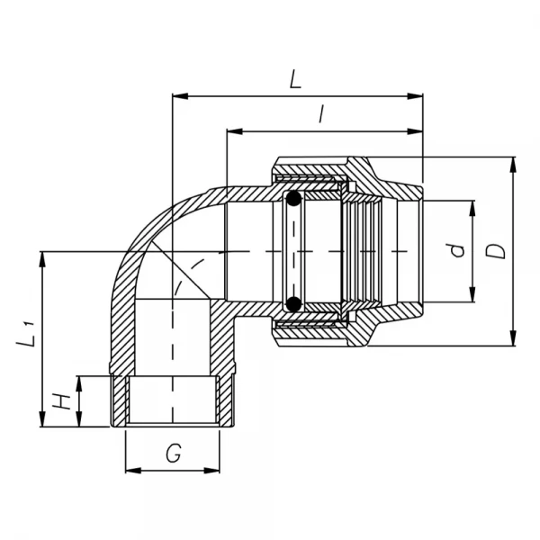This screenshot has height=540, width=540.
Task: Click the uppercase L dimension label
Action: tap(295, 79)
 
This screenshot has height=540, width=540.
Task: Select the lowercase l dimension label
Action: tap(321, 114)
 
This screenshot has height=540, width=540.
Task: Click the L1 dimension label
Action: tap(27, 337)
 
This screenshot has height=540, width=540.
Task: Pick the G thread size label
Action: tap(173, 454)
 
